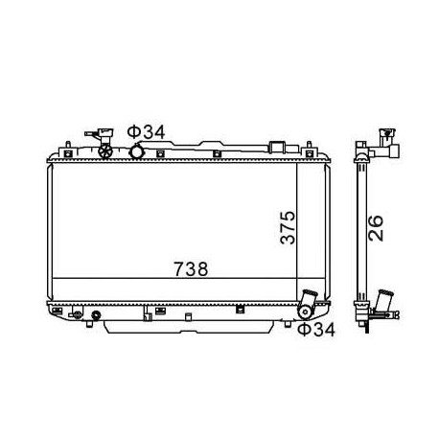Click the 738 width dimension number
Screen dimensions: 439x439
[191, 269]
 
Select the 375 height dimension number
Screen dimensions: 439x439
[288, 227]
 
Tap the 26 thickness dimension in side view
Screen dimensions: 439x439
[376, 228]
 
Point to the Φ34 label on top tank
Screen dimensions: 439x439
[146, 132]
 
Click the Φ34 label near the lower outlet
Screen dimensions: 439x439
[316, 330]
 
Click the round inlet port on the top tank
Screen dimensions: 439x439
[136, 151]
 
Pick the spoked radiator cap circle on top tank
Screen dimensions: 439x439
[105, 151]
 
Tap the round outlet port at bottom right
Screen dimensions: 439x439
[306, 312]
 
